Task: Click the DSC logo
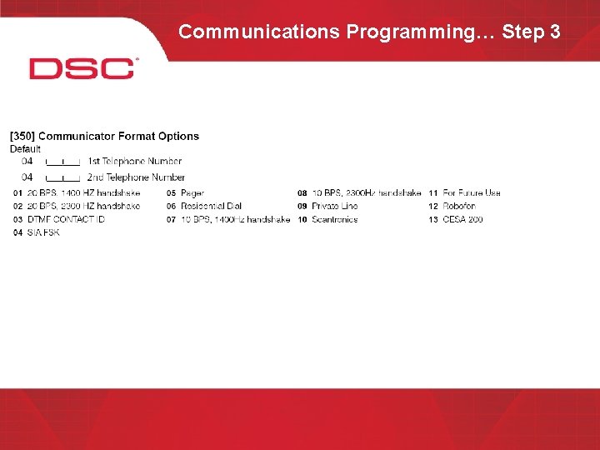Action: point(82,68)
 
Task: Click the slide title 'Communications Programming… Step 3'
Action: point(369,32)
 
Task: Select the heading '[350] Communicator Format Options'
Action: point(104,136)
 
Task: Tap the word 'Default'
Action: point(25,149)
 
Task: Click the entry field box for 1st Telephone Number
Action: point(62,161)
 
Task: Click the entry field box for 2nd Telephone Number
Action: point(62,177)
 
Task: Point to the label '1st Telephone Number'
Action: point(134,161)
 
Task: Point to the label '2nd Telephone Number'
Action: point(136,177)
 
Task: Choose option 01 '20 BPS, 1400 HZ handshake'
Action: point(83,193)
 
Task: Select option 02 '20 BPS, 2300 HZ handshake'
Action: point(83,206)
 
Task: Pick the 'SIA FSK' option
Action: point(43,232)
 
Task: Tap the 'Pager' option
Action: point(192,193)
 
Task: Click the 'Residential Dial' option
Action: point(210,206)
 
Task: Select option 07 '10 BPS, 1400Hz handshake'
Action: point(234,219)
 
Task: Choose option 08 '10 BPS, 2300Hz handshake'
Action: point(367,193)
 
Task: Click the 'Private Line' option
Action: point(335,206)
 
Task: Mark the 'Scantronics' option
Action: point(335,219)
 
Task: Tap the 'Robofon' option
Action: point(459,206)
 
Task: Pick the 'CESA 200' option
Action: point(462,219)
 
